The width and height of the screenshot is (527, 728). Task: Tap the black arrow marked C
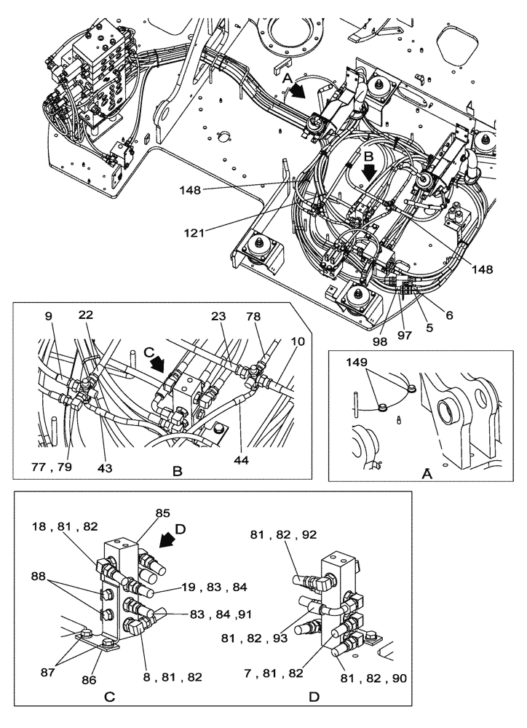click(x=155, y=362)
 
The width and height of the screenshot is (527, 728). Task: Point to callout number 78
click(x=273, y=317)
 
